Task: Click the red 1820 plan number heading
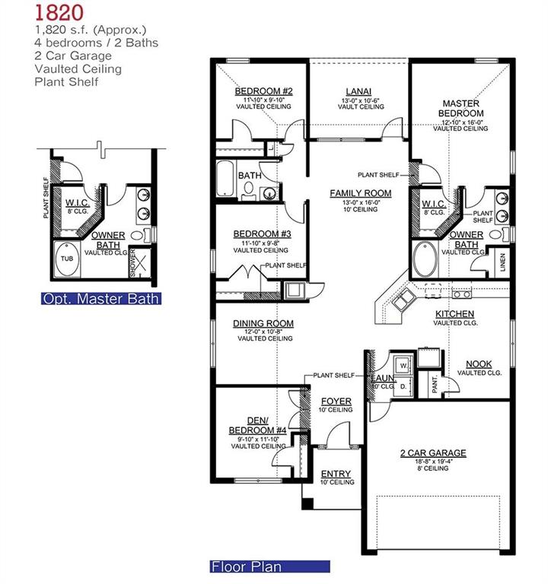[x=55, y=13]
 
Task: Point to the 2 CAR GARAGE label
[x=433, y=453]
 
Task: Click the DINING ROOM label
[x=263, y=323]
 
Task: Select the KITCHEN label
[x=454, y=313]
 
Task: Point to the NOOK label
[x=479, y=364]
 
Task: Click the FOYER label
[x=336, y=401]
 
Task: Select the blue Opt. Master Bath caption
[x=100, y=299]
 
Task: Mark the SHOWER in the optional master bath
[x=135, y=262]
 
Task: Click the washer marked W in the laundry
[x=403, y=366]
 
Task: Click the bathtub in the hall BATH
[x=228, y=181]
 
